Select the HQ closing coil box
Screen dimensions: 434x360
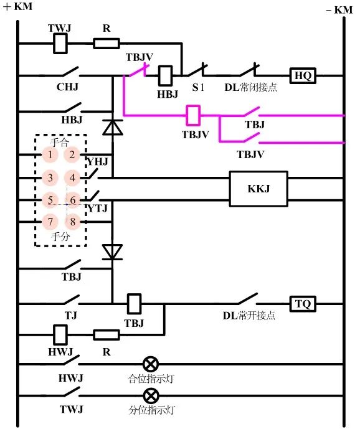[x=303, y=76]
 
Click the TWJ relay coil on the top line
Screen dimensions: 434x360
[x=60, y=43]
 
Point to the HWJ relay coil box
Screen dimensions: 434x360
[x=60, y=335]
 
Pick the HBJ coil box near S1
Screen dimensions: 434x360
[x=166, y=76]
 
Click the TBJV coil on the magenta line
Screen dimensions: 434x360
[x=194, y=115]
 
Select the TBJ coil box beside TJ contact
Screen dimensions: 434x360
[x=134, y=304]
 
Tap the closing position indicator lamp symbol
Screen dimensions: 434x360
[x=150, y=364]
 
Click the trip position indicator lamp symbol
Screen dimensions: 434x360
[x=150, y=395]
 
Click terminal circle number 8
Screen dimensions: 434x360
[x=73, y=222]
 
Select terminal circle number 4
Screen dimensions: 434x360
[x=73, y=178]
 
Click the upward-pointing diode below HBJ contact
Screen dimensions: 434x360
[x=112, y=128]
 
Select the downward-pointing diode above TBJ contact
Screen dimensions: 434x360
[x=112, y=252]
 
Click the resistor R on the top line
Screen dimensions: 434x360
[x=106, y=43]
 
